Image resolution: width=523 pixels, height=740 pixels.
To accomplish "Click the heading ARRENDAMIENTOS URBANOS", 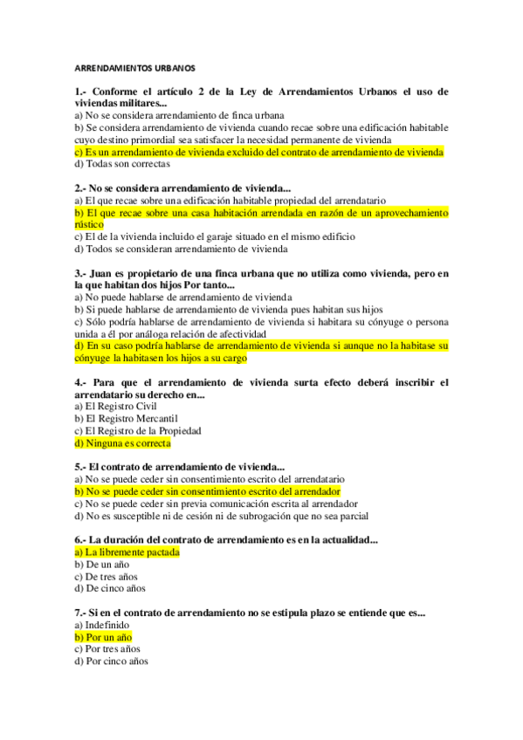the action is click(135, 67).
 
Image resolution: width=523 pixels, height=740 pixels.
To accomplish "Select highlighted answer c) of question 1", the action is click(259, 152).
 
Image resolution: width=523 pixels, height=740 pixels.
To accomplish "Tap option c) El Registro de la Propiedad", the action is click(138, 431).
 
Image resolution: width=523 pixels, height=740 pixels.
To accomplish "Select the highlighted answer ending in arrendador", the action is click(208, 491).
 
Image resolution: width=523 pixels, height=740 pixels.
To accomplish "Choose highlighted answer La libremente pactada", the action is click(127, 552).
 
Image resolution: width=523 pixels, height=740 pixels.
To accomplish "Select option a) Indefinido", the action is click(102, 626).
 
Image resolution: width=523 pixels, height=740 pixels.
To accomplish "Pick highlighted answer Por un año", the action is click(103, 638).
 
